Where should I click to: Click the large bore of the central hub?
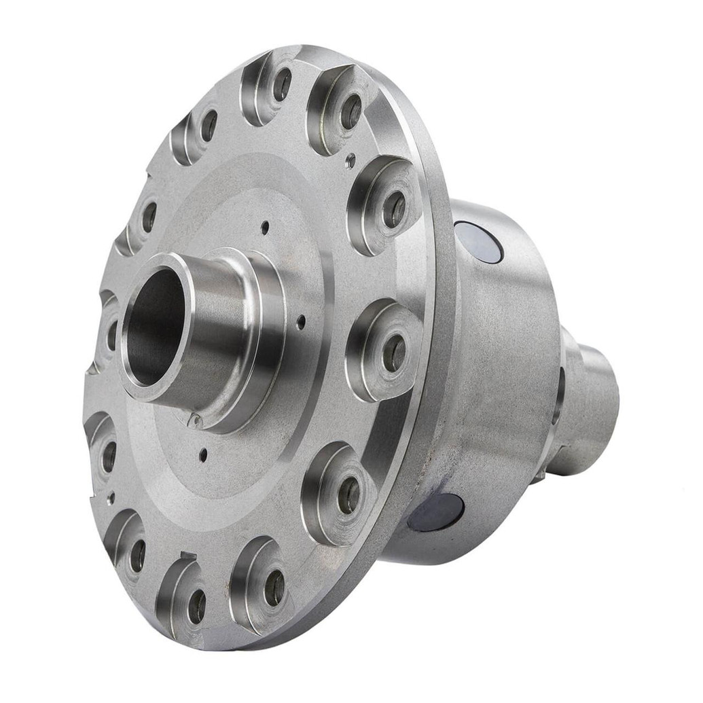(x=155, y=326)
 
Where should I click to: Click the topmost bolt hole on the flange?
(x=281, y=84)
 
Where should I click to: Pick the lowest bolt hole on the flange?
(x=197, y=606)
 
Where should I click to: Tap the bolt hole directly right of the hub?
(x=394, y=353)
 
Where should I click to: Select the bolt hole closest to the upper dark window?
(x=394, y=209)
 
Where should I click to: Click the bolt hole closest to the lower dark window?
(x=348, y=495)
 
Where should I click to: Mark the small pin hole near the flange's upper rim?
(x=350, y=161)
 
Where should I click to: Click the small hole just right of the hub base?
(x=301, y=321)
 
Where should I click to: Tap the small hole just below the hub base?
(x=202, y=454)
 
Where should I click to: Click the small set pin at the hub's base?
(x=194, y=421)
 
